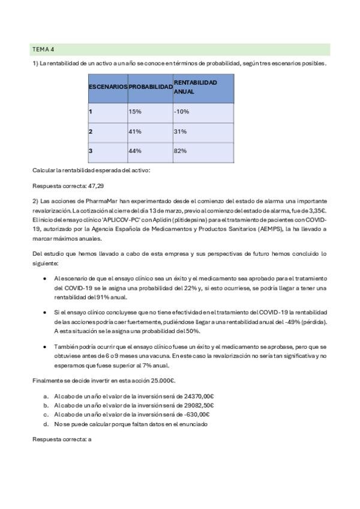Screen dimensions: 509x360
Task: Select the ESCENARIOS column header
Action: click(x=108, y=87)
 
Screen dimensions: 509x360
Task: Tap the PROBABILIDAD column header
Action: click(x=150, y=87)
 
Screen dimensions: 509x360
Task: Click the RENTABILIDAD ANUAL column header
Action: click(x=195, y=87)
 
